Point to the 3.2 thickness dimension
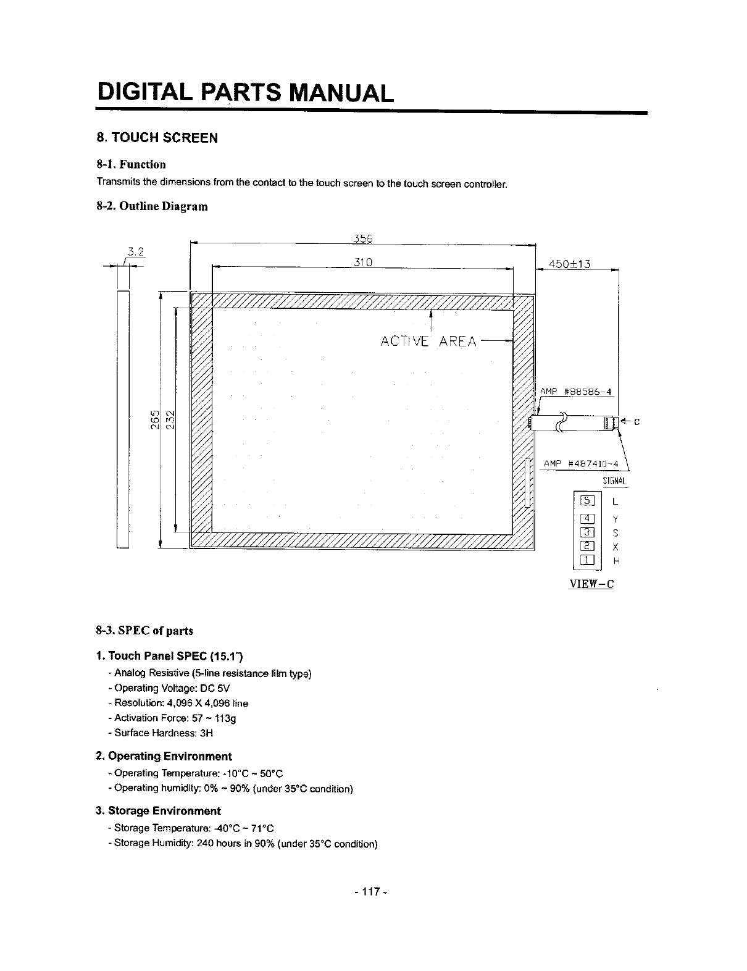click(x=135, y=251)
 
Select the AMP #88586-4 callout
click(x=575, y=391)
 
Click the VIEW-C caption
click(x=591, y=583)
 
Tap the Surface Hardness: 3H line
click(x=161, y=733)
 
